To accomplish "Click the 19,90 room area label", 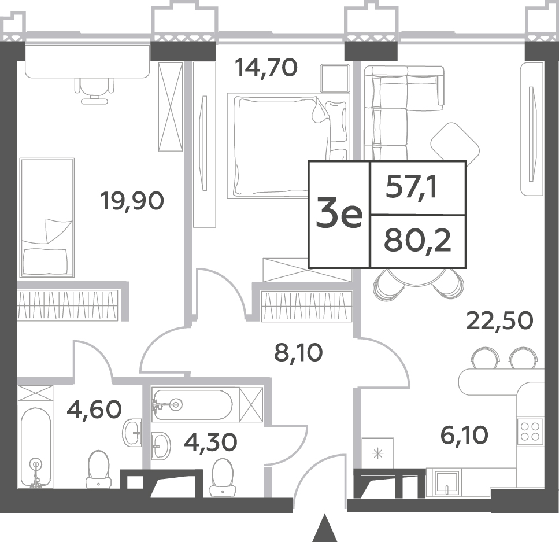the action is [x=132, y=201].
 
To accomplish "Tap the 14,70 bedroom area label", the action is [x=266, y=68].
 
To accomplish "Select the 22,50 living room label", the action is [x=500, y=320].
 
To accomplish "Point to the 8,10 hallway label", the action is [x=298, y=352].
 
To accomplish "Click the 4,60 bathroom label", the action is [x=94, y=410].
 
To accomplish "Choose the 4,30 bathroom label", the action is [x=210, y=442].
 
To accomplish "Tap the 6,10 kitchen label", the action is [x=464, y=436].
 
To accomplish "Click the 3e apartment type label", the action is [x=339, y=215].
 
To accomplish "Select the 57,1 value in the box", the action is [x=411, y=188].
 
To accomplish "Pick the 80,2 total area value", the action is [x=417, y=241].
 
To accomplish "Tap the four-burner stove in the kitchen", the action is [x=530, y=431].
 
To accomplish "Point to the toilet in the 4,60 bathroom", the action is [x=98, y=469].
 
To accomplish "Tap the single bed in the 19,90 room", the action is [x=47, y=217].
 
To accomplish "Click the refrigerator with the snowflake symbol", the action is [x=377, y=453].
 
